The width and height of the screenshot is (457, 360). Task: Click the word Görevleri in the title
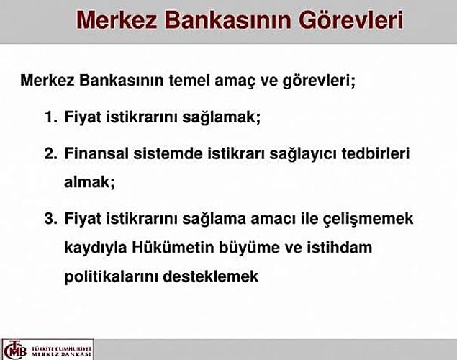(x=351, y=20)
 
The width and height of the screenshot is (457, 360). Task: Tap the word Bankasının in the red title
(x=228, y=20)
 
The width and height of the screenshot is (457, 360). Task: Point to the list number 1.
(x=50, y=117)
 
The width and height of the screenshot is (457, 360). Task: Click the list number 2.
(x=50, y=153)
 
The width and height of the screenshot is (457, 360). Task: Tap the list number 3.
(x=50, y=219)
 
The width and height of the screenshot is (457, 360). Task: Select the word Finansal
(x=96, y=153)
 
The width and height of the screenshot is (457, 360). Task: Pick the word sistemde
(x=168, y=153)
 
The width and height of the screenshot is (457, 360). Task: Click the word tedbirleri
(x=376, y=153)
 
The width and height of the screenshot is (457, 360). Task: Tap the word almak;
(x=89, y=182)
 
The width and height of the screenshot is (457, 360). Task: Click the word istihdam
(x=339, y=248)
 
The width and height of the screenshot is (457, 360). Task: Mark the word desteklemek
(x=211, y=276)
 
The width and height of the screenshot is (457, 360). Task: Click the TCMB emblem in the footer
(x=16, y=349)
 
